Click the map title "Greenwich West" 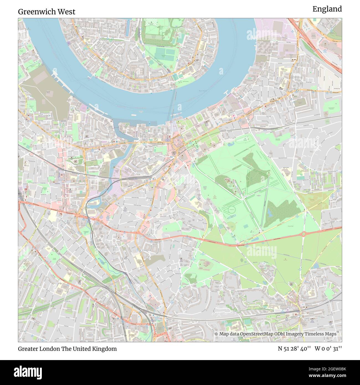coord(47,12)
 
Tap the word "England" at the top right coord(327,9)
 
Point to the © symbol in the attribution coord(216,334)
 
